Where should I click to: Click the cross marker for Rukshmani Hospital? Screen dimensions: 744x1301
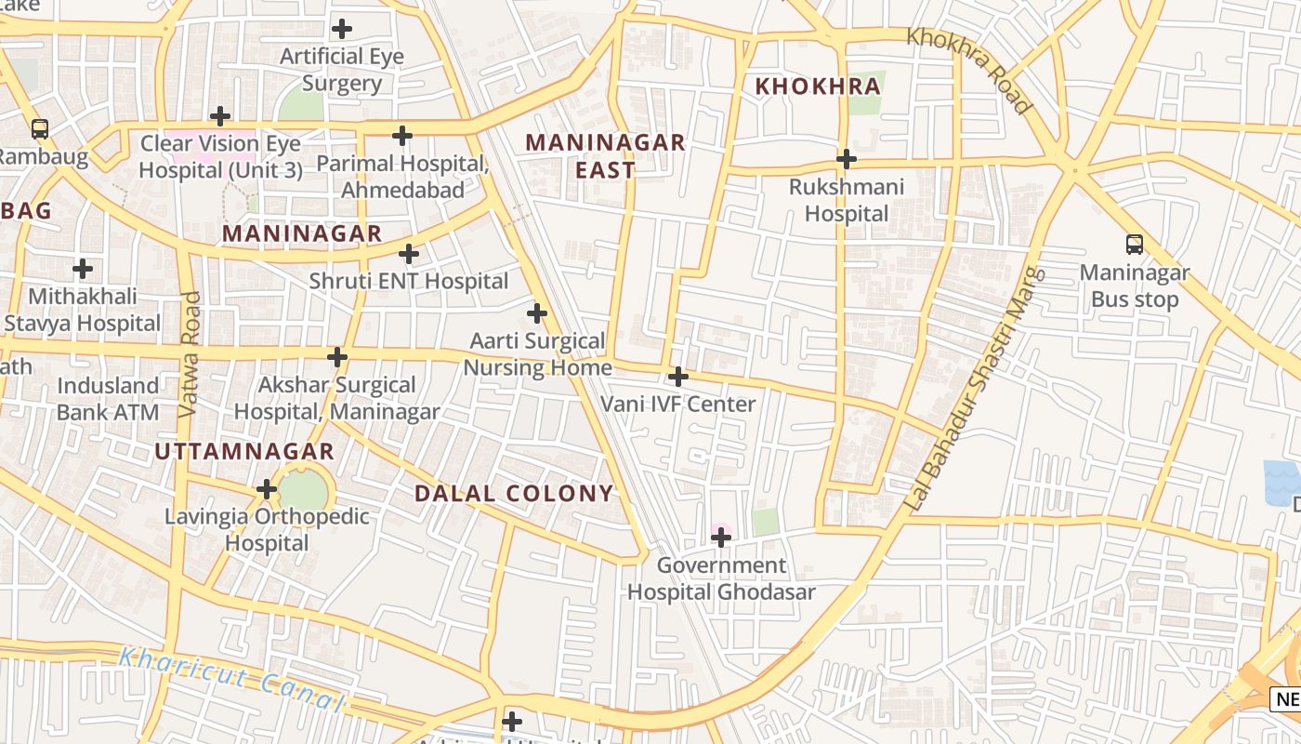[x=846, y=159]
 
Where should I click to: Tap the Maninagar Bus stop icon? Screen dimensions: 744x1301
[x=1134, y=245]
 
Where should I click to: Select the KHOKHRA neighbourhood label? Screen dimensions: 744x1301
[x=817, y=86]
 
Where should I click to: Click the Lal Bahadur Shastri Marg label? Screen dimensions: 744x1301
[x=974, y=389]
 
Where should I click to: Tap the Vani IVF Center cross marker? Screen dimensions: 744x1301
[x=678, y=377]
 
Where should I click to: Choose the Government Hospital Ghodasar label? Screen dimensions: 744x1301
[x=721, y=578]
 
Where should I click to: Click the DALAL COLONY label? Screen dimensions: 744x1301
[x=514, y=493]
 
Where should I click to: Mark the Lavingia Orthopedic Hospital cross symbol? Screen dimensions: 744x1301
[x=267, y=489]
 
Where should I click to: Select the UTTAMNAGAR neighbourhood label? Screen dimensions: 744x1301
[x=243, y=452]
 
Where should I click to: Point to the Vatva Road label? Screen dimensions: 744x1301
[x=190, y=353]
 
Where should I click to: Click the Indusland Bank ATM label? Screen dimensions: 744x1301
[x=108, y=398]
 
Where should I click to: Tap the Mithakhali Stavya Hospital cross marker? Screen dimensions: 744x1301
[x=83, y=270]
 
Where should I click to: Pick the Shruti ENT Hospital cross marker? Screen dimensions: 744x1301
[x=409, y=254]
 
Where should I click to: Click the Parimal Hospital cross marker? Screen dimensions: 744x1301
[x=401, y=136]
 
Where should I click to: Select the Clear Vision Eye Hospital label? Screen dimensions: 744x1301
[x=220, y=157]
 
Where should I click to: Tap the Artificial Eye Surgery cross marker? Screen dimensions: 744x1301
[x=342, y=29]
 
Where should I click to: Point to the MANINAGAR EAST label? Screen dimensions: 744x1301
[x=605, y=156]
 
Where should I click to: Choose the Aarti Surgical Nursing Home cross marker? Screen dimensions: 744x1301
[x=537, y=313]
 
